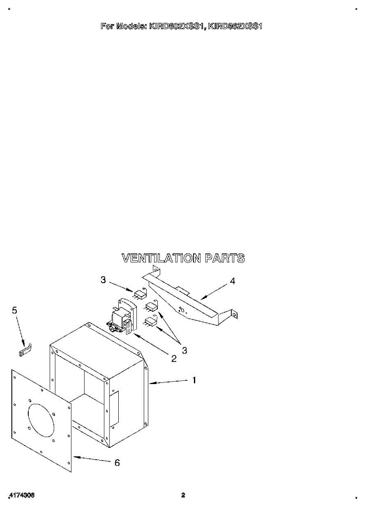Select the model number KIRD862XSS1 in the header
pyautogui.click(x=236, y=26)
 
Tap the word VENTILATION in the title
pyautogui.click(x=161, y=258)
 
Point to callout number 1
pyautogui.click(x=194, y=380)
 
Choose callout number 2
pyautogui.click(x=174, y=359)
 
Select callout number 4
pyautogui.click(x=232, y=281)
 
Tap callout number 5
pyautogui.click(x=15, y=311)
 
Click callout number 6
pyautogui.click(x=117, y=463)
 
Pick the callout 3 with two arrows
pyautogui.click(x=185, y=350)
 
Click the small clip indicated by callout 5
pyautogui.click(x=25, y=350)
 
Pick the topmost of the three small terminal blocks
pyautogui.click(x=140, y=293)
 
